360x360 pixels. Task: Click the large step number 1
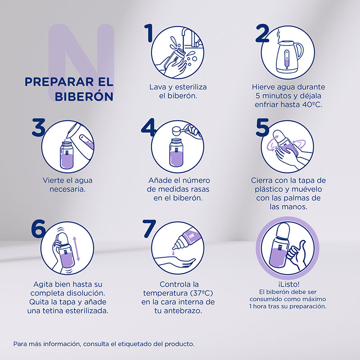(149, 33)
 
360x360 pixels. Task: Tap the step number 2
(262, 34)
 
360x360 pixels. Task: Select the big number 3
(39, 127)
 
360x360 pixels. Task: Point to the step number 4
(148, 127)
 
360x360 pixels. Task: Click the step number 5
(262, 127)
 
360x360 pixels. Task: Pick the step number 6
(38, 229)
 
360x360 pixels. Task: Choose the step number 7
(149, 229)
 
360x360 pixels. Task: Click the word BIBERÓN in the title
(84, 96)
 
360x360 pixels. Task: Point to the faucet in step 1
(190, 37)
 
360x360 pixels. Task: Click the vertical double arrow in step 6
(76, 249)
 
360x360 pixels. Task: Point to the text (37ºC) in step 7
(201, 293)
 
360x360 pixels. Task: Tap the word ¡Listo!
(288, 284)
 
